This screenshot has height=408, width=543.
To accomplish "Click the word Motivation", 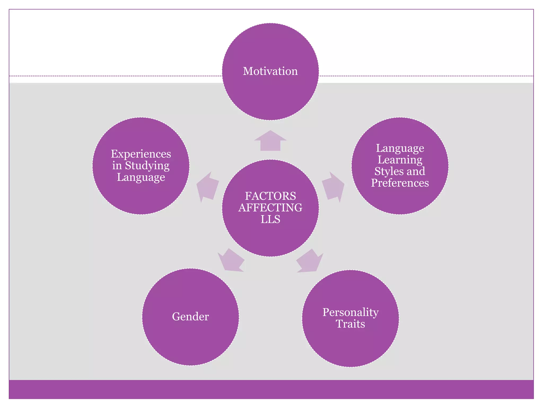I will (270, 71).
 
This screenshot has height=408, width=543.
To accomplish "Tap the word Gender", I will (190, 316).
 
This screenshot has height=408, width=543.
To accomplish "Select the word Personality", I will (351, 312).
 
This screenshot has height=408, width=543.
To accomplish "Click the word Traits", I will (351, 324).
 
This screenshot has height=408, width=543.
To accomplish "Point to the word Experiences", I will (141, 154).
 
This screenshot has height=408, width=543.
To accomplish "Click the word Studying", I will (147, 166).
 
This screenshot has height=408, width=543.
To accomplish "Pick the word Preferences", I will (400, 183).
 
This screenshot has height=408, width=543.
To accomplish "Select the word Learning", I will (400, 160).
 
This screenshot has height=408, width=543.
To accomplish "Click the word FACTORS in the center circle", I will (270, 196).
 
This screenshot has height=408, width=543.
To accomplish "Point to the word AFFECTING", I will (270, 208).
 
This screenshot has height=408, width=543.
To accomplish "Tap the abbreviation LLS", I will (270, 219).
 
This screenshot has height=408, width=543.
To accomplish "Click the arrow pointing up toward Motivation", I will (270, 141).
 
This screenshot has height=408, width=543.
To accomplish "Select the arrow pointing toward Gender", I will (230, 261).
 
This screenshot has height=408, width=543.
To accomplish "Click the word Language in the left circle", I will (141, 177).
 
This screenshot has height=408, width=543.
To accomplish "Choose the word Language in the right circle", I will (400, 148).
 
